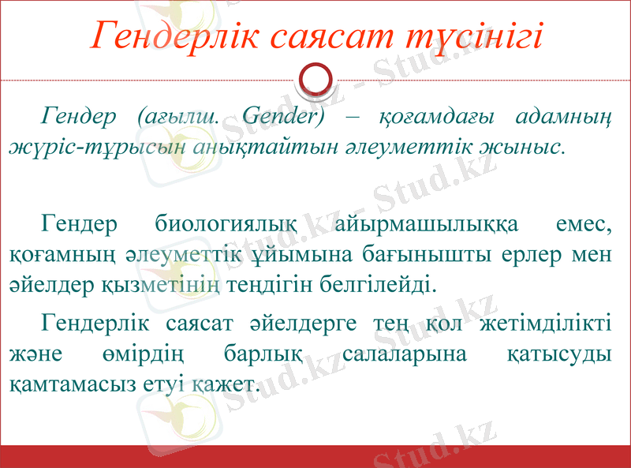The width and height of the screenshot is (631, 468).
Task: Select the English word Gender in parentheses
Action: point(283,116)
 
